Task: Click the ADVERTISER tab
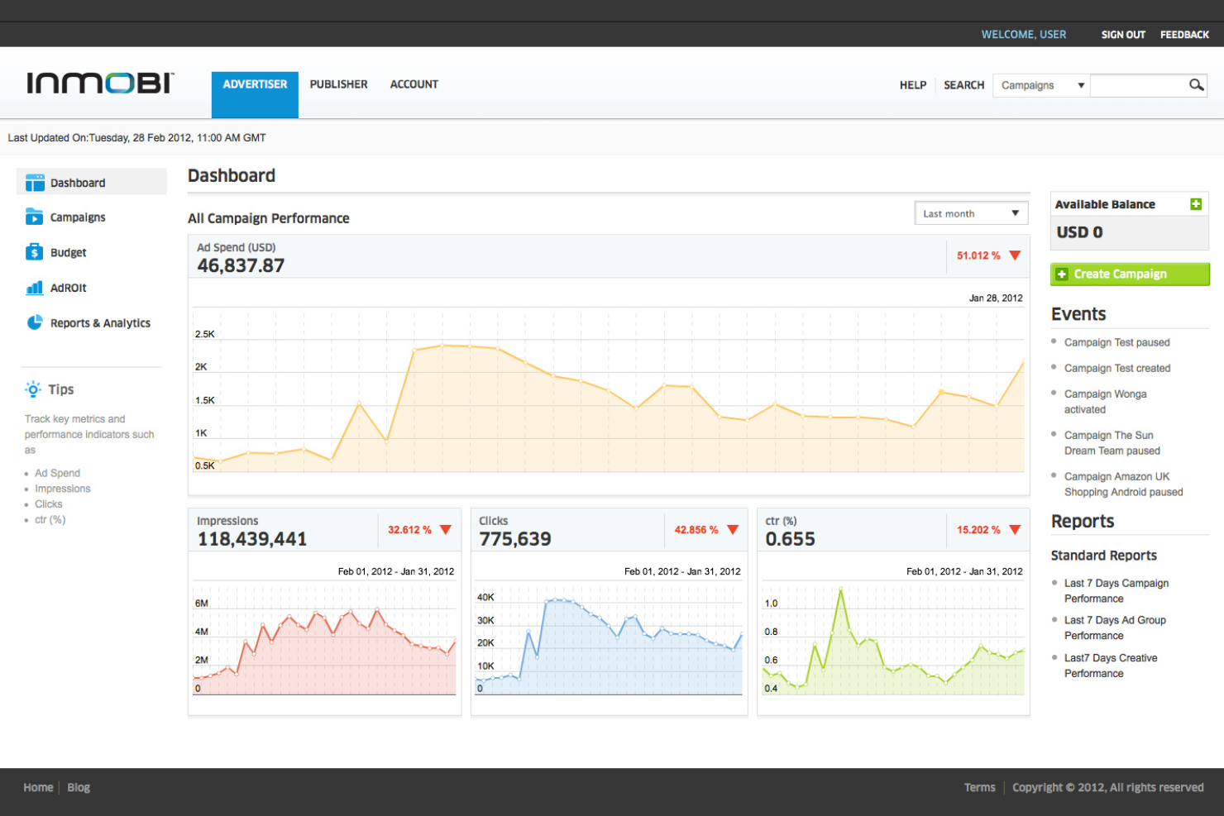tap(255, 94)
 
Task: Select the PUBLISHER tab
tap(339, 84)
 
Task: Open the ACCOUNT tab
tap(414, 84)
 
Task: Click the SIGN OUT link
tap(1123, 35)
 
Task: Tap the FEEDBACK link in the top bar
tap(1184, 35)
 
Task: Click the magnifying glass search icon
tap(1196, 84)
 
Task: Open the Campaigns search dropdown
tap(1041, 85)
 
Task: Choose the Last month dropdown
tap(971, 213)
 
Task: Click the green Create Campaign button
tap(1130, 274)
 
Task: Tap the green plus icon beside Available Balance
tap(1196, 203)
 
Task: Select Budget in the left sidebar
tap(68, 252)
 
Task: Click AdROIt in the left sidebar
tap(68, 287)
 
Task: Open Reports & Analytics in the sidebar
tap(100, 322)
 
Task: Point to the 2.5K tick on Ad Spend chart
tap(205, 334)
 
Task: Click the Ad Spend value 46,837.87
tap(241, 265)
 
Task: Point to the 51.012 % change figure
tap(978, 255)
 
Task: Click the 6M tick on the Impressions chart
tap(202, 603)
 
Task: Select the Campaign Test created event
tap(1116, 368)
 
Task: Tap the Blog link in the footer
tap(79, 787)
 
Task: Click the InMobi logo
tap(101, 83)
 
